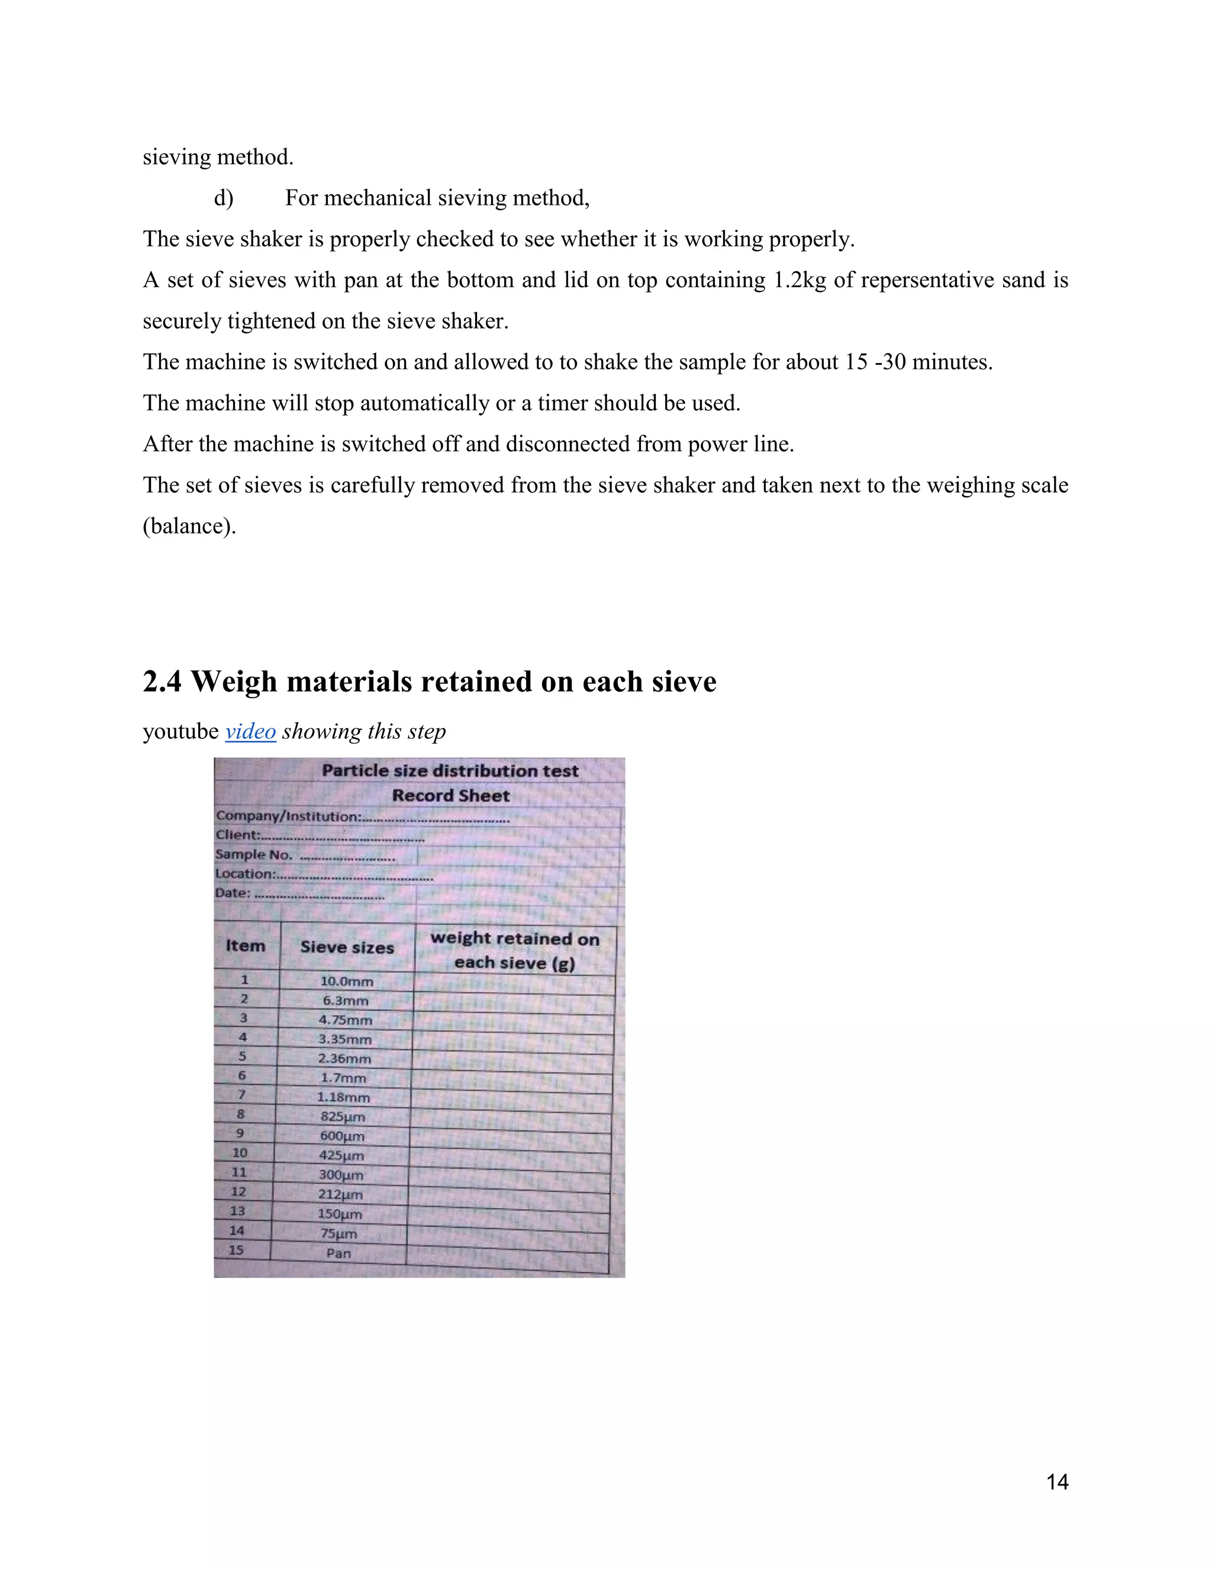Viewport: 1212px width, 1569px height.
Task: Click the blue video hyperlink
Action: point(250,731)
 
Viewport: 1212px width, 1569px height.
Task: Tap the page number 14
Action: point(1057,1482)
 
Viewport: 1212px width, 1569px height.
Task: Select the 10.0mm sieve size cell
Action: point(347,980)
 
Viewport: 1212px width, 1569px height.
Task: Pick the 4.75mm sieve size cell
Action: point(346,1020)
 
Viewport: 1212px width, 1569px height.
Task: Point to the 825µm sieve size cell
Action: point(343,1117)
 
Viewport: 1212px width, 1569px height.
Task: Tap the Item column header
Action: point(246,946)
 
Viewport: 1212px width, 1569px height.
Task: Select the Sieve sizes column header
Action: point(347,947)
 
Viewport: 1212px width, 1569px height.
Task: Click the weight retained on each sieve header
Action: point(515,950)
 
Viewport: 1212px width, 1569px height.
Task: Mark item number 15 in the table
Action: point(236,1249)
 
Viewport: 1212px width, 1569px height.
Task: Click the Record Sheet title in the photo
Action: point(451,795)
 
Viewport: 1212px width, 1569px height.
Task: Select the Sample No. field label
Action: point(253,854)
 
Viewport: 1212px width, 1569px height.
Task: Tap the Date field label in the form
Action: point(233,893)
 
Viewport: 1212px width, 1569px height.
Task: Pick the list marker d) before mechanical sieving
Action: point(223,198)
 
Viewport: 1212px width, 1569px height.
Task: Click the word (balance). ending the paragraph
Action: point(189,526)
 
